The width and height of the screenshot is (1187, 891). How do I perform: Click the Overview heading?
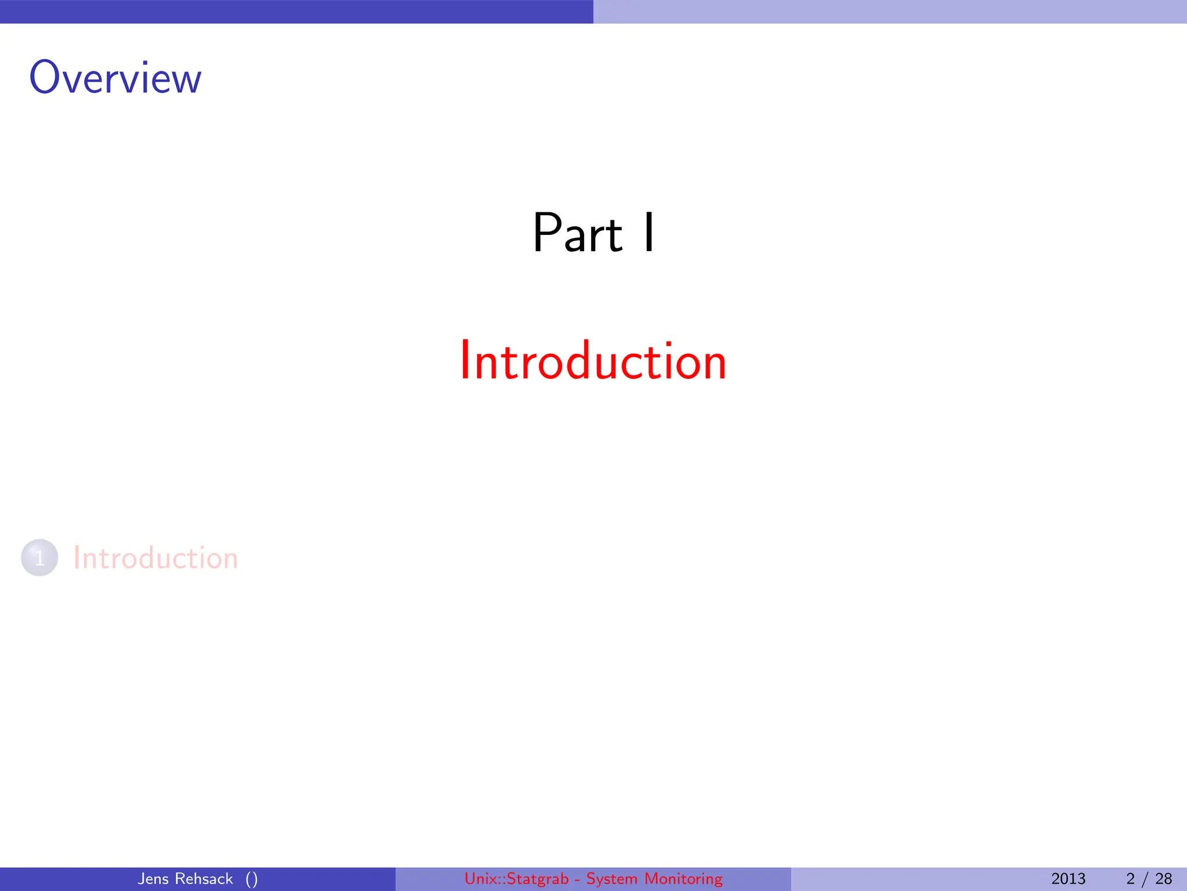point(115,78)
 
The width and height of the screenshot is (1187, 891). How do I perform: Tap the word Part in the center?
point(577,233)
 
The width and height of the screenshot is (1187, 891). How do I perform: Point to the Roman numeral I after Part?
point(649,233)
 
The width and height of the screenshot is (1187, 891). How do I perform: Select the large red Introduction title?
point(593,361)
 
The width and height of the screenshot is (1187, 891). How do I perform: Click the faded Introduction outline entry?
point(155,558)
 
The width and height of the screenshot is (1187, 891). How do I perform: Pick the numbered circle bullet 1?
point(39,558)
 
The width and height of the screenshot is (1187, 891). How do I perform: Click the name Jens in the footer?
point(153,879)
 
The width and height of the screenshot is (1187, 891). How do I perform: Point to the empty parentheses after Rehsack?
point(252,879)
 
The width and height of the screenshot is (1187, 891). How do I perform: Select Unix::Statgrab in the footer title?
point(516,879)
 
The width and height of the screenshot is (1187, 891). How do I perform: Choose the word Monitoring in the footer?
point(684,879)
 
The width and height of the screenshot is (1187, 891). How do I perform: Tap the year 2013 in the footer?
point(1068,879)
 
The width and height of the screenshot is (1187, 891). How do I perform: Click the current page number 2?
point(1130,879)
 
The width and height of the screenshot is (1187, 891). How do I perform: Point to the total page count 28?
point(1163,879)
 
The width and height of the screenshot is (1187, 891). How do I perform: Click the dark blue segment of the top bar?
point(297,12)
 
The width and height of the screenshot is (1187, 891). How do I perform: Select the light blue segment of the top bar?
point(890,12)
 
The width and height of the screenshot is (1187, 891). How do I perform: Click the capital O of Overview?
point(45,78)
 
